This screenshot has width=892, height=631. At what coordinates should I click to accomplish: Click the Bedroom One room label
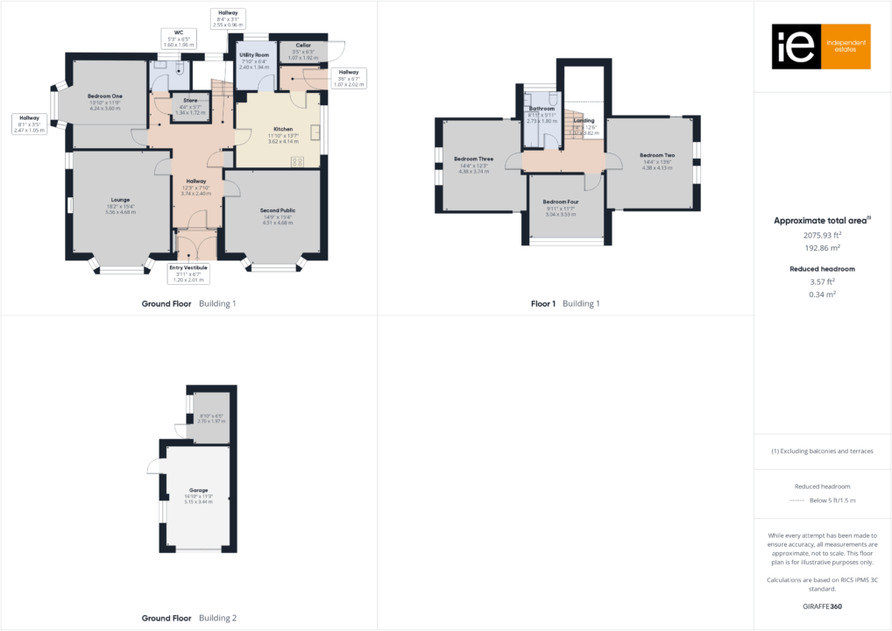105,96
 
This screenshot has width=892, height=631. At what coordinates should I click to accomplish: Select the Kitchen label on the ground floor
283,129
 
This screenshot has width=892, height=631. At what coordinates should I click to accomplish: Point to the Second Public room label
278,211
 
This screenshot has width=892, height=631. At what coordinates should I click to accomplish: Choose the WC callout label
178,32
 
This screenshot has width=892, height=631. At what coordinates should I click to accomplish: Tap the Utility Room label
254,55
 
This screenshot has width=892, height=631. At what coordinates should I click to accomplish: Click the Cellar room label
303,46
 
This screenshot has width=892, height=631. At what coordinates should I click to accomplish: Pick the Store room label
190,101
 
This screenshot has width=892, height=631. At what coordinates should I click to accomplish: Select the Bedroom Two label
657,155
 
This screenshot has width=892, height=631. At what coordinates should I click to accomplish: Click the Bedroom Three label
473,160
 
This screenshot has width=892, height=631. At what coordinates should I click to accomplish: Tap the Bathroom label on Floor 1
542,109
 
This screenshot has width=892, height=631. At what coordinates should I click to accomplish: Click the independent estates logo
820,47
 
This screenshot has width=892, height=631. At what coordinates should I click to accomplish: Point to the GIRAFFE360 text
823,606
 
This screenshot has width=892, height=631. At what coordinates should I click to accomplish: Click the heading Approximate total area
821,221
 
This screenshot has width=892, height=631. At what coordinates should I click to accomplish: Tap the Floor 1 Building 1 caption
565,304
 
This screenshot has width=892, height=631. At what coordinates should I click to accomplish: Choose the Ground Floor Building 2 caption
189,618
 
